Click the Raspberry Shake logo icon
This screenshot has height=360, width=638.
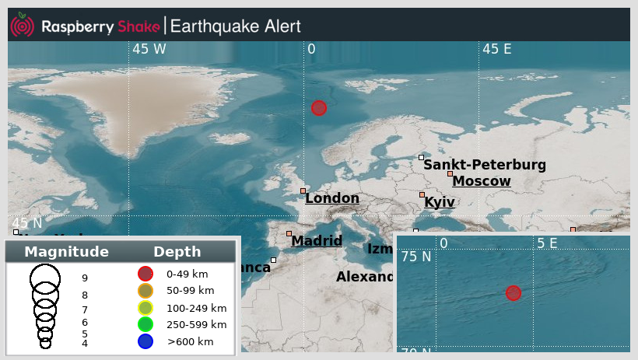tap(23, 26)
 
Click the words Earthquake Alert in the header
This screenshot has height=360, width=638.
tap(235, 26)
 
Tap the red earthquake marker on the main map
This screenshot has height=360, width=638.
tap(318, 108)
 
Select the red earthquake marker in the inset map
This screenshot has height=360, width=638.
tap(513, 293)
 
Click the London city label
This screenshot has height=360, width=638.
tap(332, 198)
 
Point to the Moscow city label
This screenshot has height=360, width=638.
tap(482, 181)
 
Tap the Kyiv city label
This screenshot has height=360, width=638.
tap(440, 202)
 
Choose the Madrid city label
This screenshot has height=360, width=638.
tap(317, 241)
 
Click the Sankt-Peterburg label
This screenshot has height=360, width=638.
tap(485, 165)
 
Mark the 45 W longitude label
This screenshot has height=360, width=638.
tap(149, 49)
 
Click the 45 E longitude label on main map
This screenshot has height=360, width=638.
tap(497, 49)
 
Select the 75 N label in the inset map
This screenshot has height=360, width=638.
tap(415, 257)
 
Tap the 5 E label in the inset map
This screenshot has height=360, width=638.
tap(547, 243)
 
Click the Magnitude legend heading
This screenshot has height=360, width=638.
tap(66, 252)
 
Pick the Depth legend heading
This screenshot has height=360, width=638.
tap(177, 252)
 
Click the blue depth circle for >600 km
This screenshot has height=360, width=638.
tap(145, 341)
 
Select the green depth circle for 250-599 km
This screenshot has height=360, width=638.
tap(145, 324)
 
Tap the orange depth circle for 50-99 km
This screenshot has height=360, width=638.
tap(145, 290)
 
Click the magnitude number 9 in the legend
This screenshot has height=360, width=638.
tap(85, 278)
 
